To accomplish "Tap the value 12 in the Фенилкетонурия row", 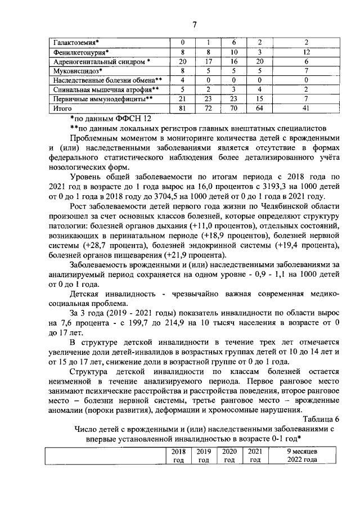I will coord(307,52).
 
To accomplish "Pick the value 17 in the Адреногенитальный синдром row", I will coord(208,61).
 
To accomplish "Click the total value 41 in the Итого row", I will coord(307,107).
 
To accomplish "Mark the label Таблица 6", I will coord(321,419).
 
